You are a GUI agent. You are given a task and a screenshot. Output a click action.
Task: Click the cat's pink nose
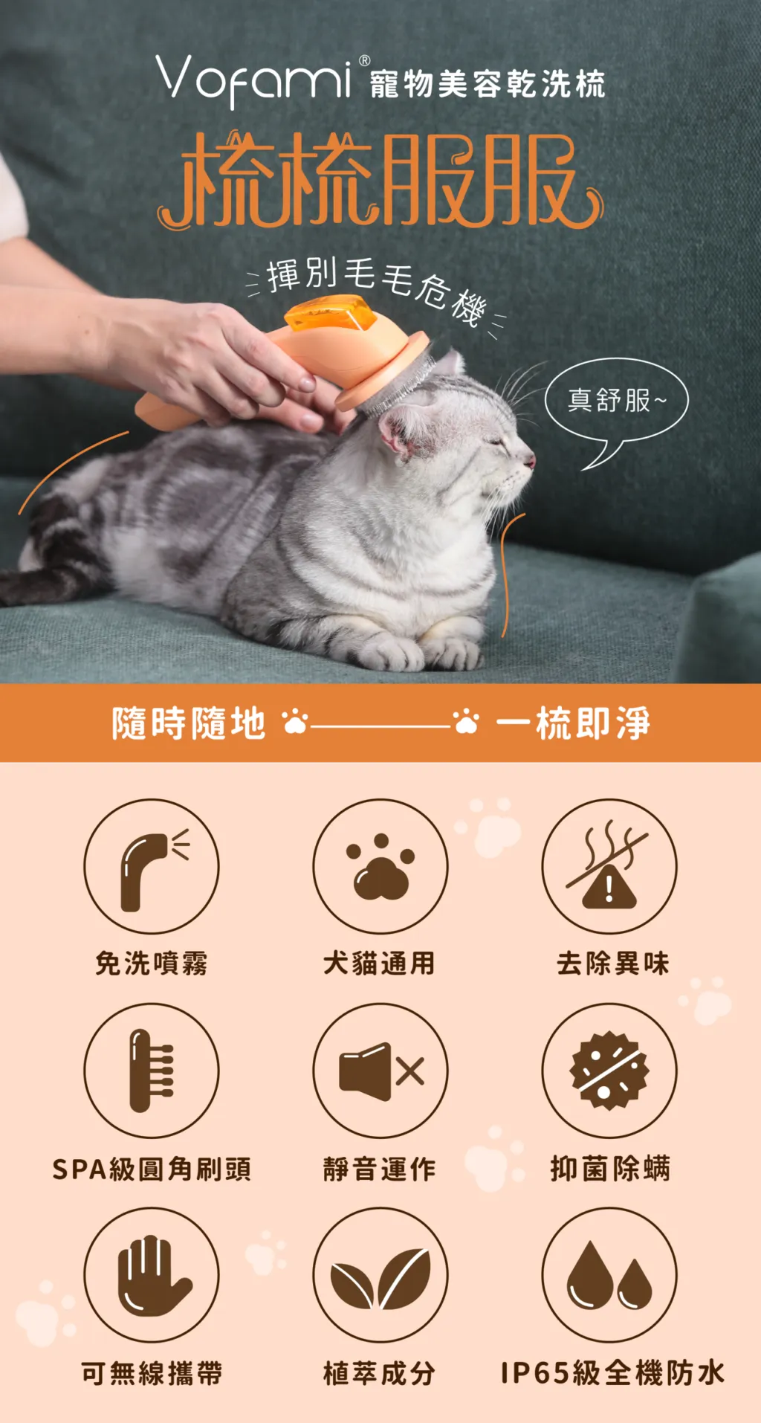[530, 461]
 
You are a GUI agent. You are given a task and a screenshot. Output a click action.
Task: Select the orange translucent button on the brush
[331, 313]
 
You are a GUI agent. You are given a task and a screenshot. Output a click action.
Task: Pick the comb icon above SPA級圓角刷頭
[152, 1071]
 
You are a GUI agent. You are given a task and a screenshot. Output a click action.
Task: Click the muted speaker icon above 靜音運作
[380, 1071]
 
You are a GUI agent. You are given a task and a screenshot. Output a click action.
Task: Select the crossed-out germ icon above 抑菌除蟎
[609, 1071]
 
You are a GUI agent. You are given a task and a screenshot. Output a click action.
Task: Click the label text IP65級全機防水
[612, 1373]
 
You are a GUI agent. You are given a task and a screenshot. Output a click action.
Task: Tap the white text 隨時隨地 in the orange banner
[189, 723]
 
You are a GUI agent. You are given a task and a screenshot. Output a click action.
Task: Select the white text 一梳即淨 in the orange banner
[573, 723]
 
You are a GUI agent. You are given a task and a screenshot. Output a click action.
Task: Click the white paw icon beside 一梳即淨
[467, 721]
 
